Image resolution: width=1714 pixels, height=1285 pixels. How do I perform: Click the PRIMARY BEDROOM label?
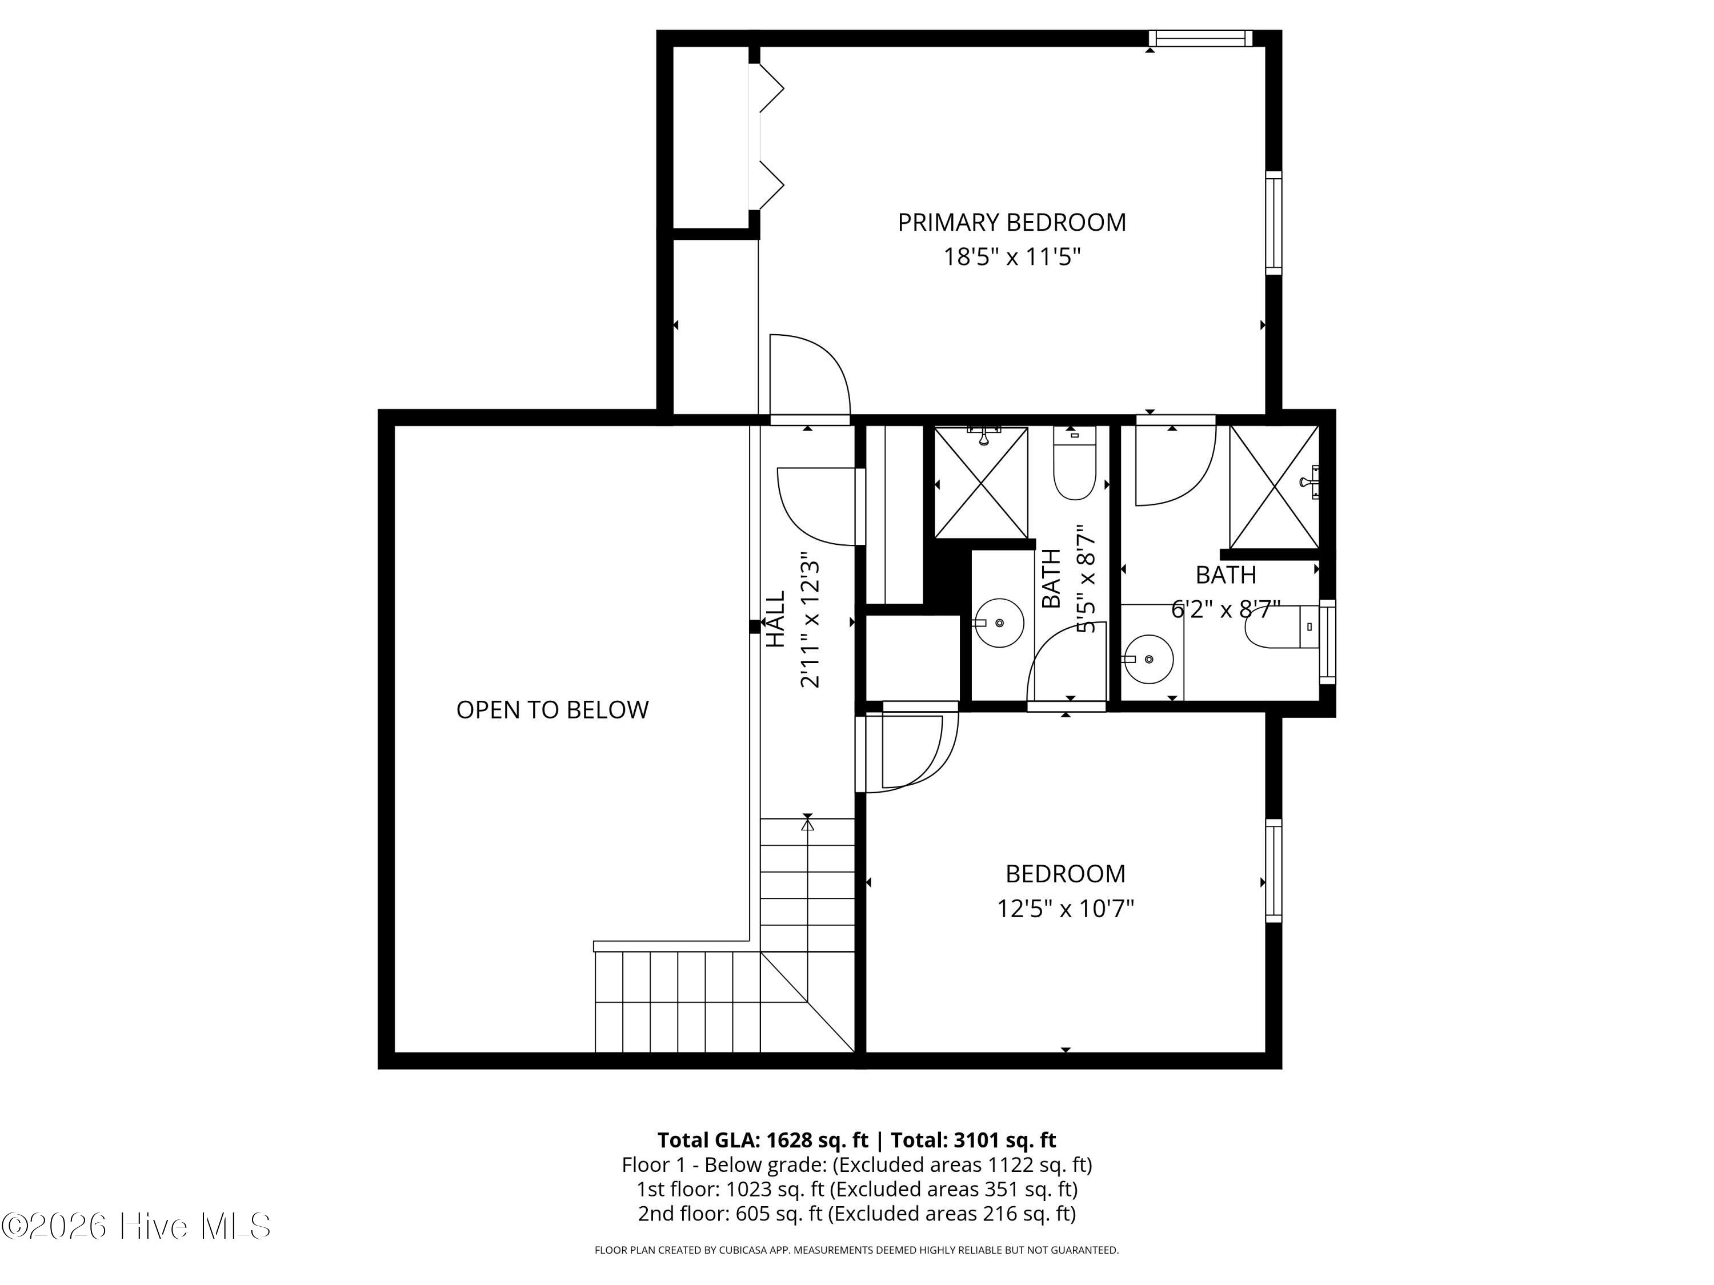point(1011,222)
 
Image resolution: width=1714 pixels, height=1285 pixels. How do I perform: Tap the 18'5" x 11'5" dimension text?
point(1011,256)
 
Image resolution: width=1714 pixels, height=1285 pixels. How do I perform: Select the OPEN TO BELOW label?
point(552,709)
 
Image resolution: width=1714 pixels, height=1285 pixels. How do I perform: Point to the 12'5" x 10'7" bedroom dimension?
point(1066,908)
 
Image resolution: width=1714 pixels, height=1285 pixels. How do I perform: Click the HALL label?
point(776,619)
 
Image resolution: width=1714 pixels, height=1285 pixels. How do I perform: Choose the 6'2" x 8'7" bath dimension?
point(1225,609)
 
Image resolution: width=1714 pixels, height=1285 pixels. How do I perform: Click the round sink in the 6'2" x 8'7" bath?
point(1148,659)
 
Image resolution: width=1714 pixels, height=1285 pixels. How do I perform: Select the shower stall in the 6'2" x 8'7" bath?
point(1274,487)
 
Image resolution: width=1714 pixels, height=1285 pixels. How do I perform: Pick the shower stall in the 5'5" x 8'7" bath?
point(981,482)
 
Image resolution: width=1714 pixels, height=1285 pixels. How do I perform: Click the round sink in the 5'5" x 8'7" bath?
point(999,622)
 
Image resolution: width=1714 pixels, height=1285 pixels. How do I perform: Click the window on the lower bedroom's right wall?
point(1273,870)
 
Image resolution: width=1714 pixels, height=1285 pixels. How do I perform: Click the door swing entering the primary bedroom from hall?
point(810,376)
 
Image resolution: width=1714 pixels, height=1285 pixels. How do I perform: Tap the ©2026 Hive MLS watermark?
point(137,1226)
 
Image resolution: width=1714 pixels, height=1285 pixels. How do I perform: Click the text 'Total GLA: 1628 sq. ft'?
point(763,1140)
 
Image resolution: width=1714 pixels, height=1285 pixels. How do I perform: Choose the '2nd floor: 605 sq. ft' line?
point(730,1213)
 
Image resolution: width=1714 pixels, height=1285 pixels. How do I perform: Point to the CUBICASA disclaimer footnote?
point(856,1250)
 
